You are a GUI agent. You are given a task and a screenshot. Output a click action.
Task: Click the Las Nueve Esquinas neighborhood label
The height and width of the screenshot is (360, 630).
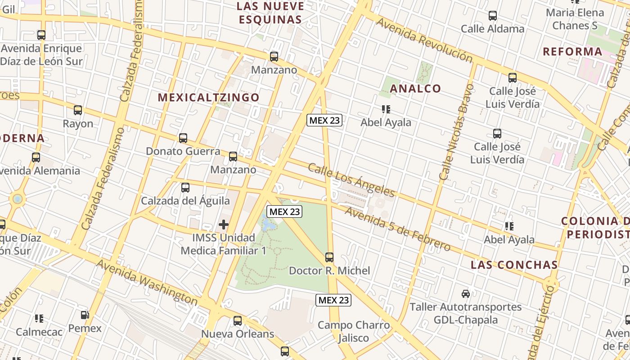coord(270,13)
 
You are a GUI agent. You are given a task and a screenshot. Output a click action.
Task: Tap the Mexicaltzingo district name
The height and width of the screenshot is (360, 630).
coord(209,98)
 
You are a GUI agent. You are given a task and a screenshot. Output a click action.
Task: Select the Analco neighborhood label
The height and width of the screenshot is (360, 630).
coord(415,88)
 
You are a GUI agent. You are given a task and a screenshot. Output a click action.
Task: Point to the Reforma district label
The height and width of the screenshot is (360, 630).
coord(572,51)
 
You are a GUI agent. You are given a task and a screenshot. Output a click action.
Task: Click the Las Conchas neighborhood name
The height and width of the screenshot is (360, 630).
coord(514,265)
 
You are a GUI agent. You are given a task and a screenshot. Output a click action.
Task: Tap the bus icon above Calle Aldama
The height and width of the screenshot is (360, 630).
coord(493,16)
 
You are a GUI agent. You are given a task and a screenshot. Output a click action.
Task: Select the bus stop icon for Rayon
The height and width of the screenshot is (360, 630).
coord(78,110)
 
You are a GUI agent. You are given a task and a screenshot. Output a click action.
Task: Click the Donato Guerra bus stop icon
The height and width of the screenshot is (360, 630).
coord(183,138)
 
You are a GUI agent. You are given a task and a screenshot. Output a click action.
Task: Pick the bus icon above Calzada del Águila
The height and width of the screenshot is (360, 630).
coord(185,188)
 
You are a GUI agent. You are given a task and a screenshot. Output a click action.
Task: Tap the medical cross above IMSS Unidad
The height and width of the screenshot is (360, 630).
coord(224,224)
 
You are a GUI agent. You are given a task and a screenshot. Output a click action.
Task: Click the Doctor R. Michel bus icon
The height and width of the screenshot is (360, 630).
coord(329,257)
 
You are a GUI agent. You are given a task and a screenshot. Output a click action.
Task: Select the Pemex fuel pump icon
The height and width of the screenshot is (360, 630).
coord(85,315)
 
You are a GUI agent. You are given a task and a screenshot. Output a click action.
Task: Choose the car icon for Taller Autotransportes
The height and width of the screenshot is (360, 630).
coord(466,294)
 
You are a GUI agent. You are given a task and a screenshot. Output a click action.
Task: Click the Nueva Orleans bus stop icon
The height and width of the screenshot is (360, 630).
coord(238,321)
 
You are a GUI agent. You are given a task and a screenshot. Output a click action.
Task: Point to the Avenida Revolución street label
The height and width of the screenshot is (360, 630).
coord(424,40)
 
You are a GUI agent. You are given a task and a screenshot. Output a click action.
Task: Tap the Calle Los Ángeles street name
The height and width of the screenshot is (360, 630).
coord(351,180)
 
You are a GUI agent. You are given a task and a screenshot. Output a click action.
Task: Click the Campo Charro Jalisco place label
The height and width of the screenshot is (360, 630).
coord(354,331)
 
